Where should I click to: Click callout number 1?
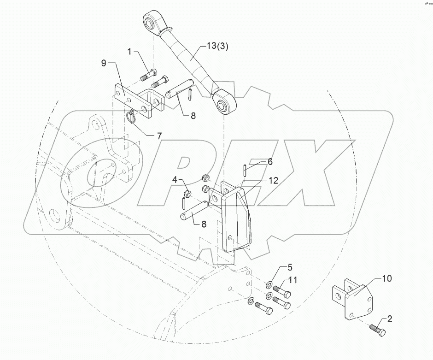click(130, 51)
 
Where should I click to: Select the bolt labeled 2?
click(378, 330)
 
